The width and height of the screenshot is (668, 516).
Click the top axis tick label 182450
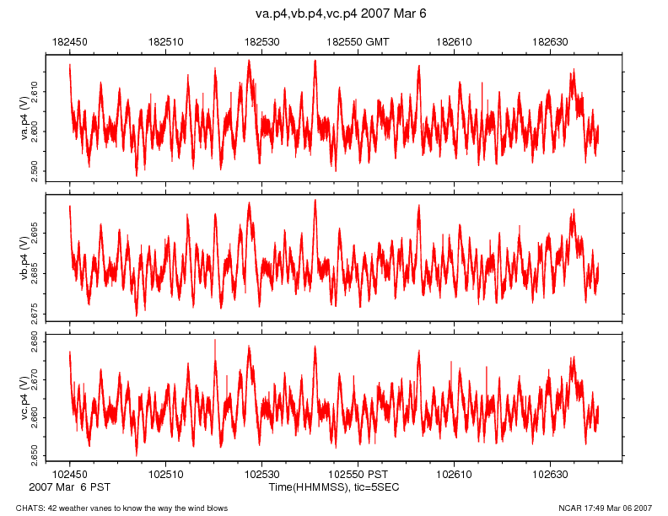click(69, 40)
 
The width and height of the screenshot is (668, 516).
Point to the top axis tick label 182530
click(261, 40)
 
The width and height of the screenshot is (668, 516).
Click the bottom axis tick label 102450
click(69, 475)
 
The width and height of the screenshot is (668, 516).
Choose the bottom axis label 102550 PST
click(358, 475)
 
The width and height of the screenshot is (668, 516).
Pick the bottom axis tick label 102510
click(165, 475)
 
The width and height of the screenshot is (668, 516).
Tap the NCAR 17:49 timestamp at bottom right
click(605, 508)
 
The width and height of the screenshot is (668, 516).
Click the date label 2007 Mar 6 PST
click(69, 487)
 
